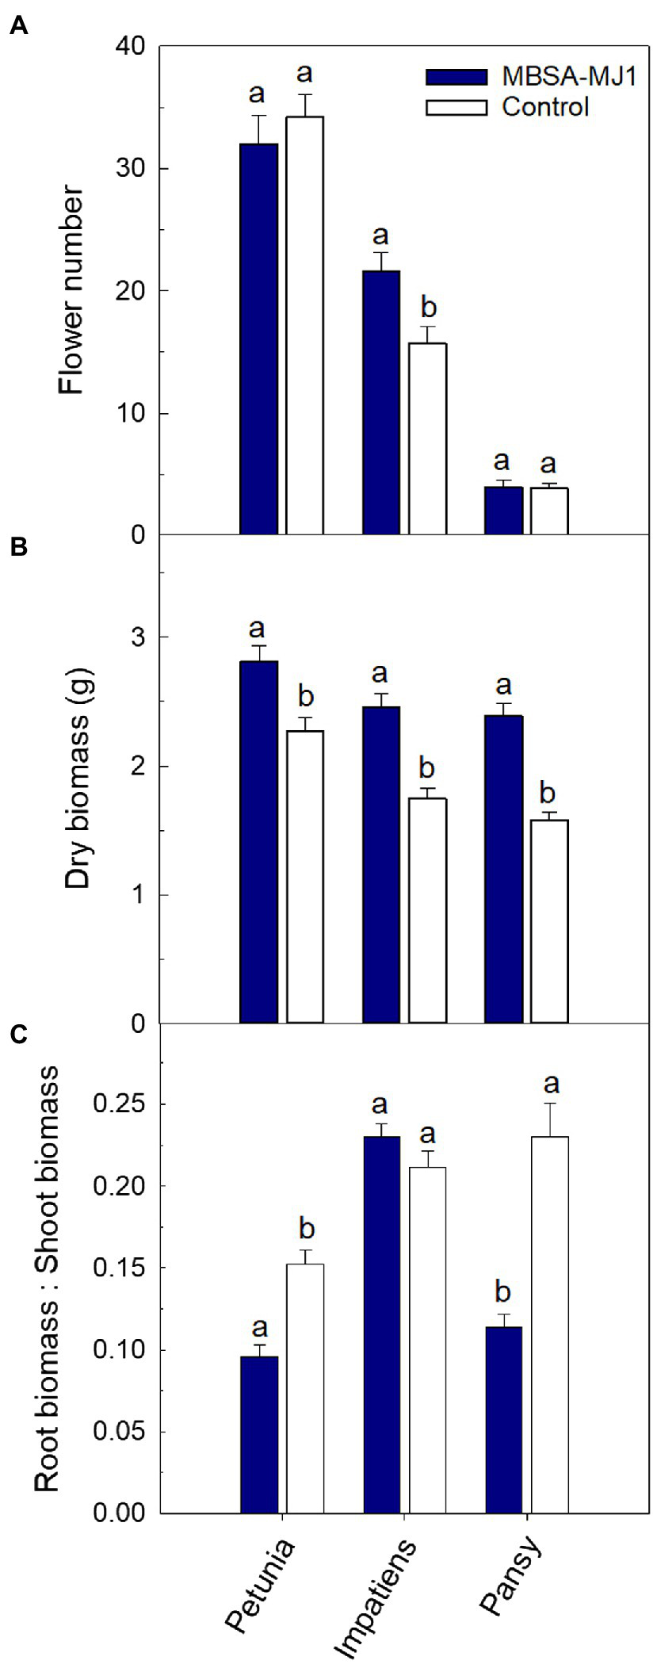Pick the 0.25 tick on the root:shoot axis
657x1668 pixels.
(119, 1104)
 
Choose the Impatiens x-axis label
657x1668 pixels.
(375, 1595)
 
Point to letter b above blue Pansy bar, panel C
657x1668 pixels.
(502, 1292)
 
